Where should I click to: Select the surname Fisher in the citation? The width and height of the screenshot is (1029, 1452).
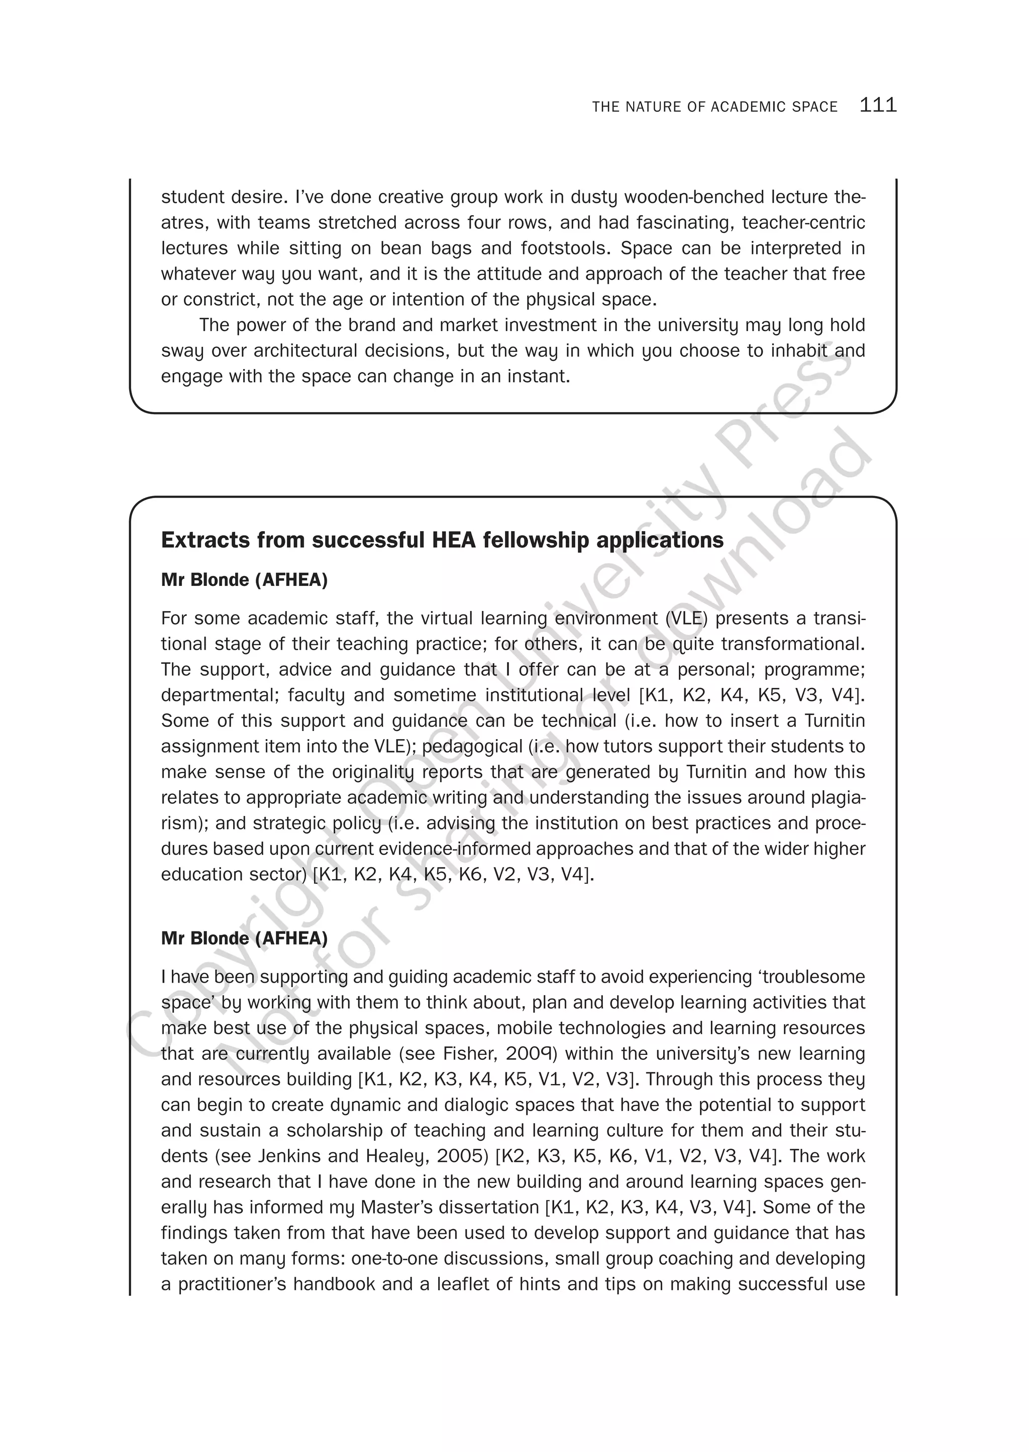pos(469,1054)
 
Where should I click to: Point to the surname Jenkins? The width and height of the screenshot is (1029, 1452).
pos(289,1156)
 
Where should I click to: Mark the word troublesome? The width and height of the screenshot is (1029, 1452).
pos(814,977)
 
